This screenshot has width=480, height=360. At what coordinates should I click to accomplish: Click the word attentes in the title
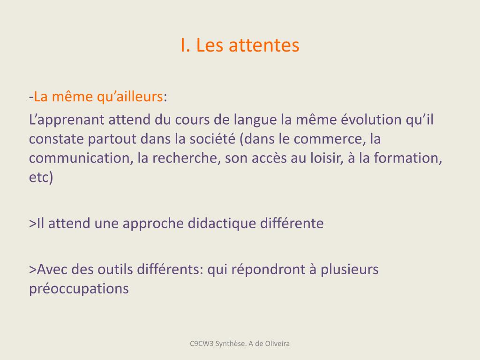264,45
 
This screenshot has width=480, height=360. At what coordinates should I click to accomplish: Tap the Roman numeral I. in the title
185,45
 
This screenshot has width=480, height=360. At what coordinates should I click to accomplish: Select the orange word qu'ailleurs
130,97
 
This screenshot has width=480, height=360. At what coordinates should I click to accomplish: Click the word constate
56,139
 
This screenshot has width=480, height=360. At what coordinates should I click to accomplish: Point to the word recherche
187,158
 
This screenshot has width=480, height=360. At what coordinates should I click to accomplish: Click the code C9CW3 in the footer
202,344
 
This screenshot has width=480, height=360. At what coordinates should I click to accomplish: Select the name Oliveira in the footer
277,344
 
